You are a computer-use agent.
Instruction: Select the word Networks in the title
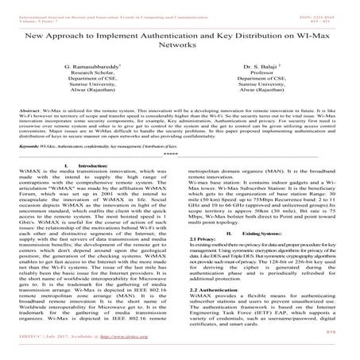click(180, 47)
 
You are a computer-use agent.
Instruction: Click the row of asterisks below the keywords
click(180, 155)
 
